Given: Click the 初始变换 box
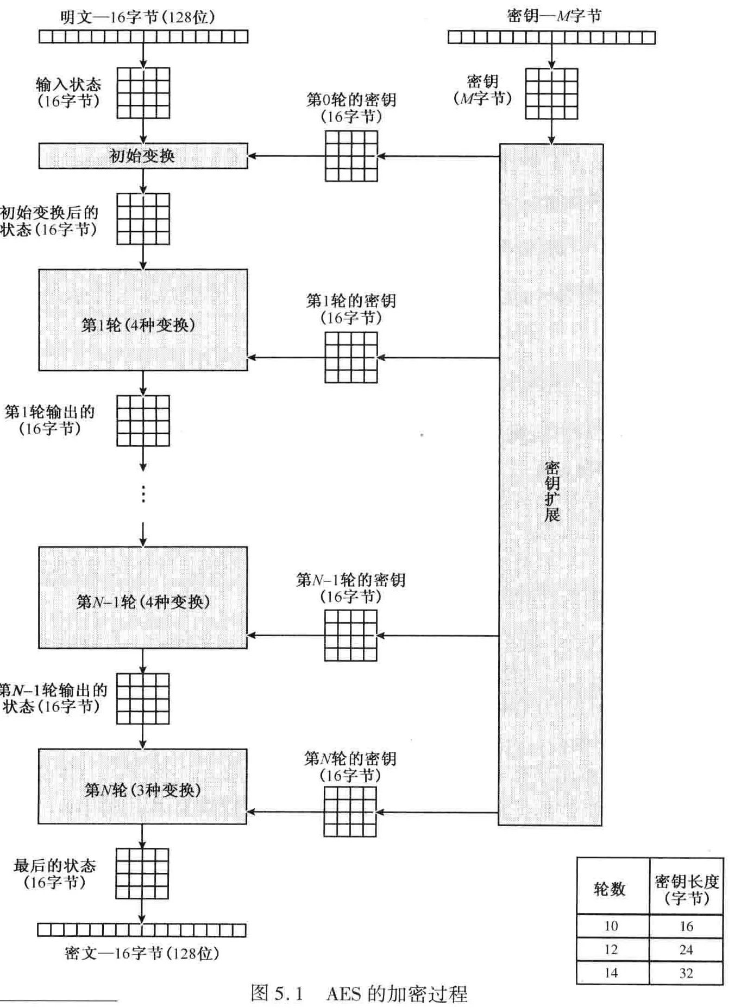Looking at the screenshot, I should coord(143,156).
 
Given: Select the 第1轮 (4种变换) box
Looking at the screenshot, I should coord(143,320).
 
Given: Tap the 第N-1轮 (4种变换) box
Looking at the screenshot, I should coord(143,598).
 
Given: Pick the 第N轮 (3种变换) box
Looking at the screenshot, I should coord(142,787).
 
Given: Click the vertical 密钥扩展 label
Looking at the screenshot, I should coord(552,492).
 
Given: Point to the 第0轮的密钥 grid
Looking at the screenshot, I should coord(351,156).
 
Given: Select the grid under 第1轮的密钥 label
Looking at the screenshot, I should coord(351,358).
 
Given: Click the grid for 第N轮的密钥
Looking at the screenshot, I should coord(350,812).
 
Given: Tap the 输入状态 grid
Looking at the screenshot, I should coord(143,93).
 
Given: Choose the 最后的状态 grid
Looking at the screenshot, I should coord(142,873).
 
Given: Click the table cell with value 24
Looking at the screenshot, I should coord(686,949).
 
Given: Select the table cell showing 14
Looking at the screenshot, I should coord(612,973).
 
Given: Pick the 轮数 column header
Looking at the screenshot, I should coord(610,889).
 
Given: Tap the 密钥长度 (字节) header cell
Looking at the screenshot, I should coord(687,889).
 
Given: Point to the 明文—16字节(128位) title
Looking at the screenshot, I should coord(137,17).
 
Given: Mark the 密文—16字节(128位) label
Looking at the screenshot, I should coord(142,953).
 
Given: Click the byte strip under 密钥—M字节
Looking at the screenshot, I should coord(551,37).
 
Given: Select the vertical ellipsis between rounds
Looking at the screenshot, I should coord(143,494).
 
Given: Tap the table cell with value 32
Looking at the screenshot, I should coord(686,973).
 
